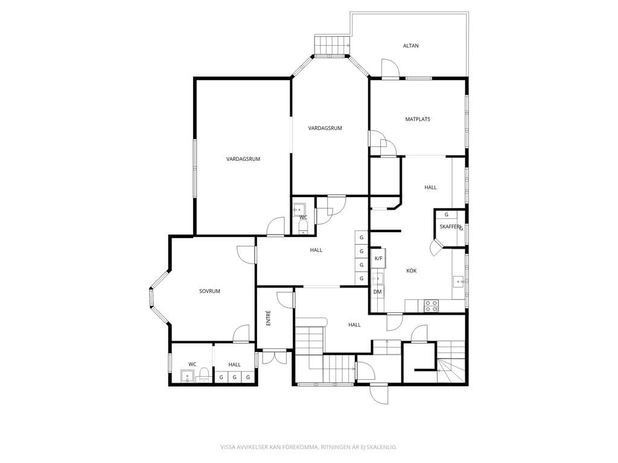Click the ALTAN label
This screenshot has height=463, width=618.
[x=410, y=46]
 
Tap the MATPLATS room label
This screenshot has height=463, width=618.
[x=418, y=119]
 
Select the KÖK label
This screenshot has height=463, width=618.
[x=412, y=271]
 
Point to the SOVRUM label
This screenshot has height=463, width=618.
[x=209, y=291]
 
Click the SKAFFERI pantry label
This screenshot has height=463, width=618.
[x=450, y=227]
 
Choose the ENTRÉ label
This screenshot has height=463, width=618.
[x=269, y=318]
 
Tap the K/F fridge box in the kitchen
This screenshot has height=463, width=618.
[x=378, y=258]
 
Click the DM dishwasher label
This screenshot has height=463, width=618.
[x=378, y=292]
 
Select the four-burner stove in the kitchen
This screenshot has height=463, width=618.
[x=431, y=306]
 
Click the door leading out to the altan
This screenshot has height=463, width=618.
[x=390, y=69]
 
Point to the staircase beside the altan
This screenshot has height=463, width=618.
[x=332, y=46]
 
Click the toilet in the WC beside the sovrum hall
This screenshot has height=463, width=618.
[x=204, y=375]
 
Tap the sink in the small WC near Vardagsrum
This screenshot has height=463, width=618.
[x=299, y=210]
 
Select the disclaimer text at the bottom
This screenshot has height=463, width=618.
[x=308, y=447]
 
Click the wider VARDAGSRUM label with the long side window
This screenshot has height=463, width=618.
[x=243, y=159]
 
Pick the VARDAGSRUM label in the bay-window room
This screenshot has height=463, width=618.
[x=325, y=128]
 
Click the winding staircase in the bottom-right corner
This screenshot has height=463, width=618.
[x=451, y=362]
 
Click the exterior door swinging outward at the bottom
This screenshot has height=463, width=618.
[x=379, y=393]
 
